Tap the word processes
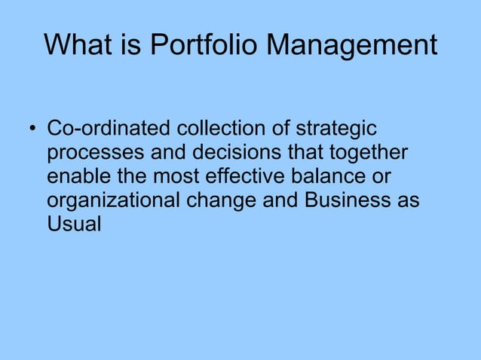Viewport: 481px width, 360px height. click(x=97, y=153)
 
